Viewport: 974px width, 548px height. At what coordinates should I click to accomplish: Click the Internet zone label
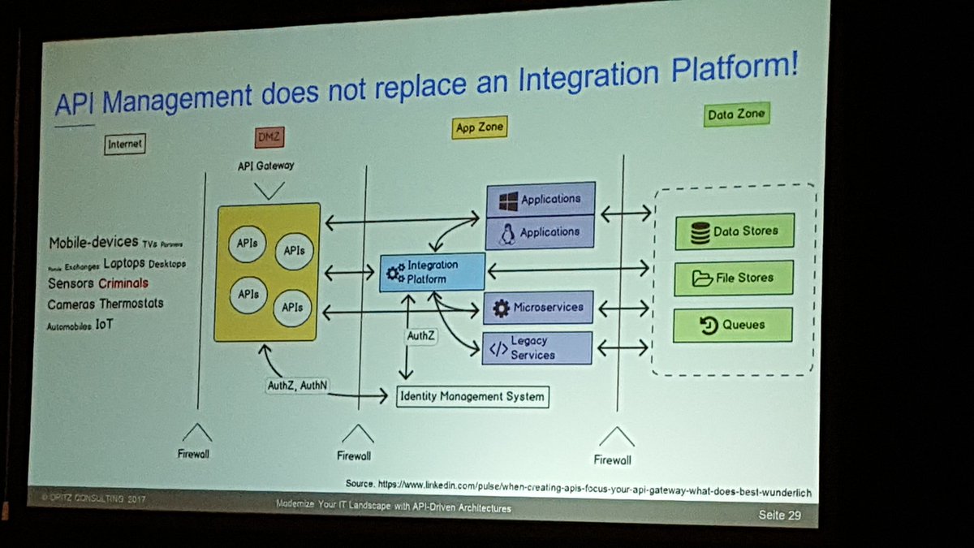(124, 144)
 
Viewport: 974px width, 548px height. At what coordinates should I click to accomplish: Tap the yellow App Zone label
(479, 127)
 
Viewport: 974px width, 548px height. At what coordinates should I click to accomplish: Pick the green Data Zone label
(736, 114)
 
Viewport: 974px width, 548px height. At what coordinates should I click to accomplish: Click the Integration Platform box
(433, 272)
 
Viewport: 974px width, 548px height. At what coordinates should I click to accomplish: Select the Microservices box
(538, 308)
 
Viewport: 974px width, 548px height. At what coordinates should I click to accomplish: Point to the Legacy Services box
(538, 347)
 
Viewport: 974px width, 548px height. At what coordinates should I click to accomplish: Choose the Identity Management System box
(472, 397)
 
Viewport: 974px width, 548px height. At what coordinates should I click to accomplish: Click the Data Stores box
(734, 231)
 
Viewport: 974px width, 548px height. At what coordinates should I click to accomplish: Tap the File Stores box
(734, 278)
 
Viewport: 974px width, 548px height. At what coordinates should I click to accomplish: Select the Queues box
(733, 325)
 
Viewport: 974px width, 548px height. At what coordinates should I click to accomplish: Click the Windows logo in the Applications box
(508, 200)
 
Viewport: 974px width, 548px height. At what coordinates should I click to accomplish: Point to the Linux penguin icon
(508, 234)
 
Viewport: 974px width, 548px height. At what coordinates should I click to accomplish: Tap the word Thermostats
(131, 304)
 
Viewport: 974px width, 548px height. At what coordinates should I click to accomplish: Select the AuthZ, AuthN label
(297, 386)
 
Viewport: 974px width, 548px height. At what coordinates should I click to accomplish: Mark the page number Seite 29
(779, 515)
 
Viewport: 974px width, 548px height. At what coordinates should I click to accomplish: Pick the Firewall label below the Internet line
(194, 454)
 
